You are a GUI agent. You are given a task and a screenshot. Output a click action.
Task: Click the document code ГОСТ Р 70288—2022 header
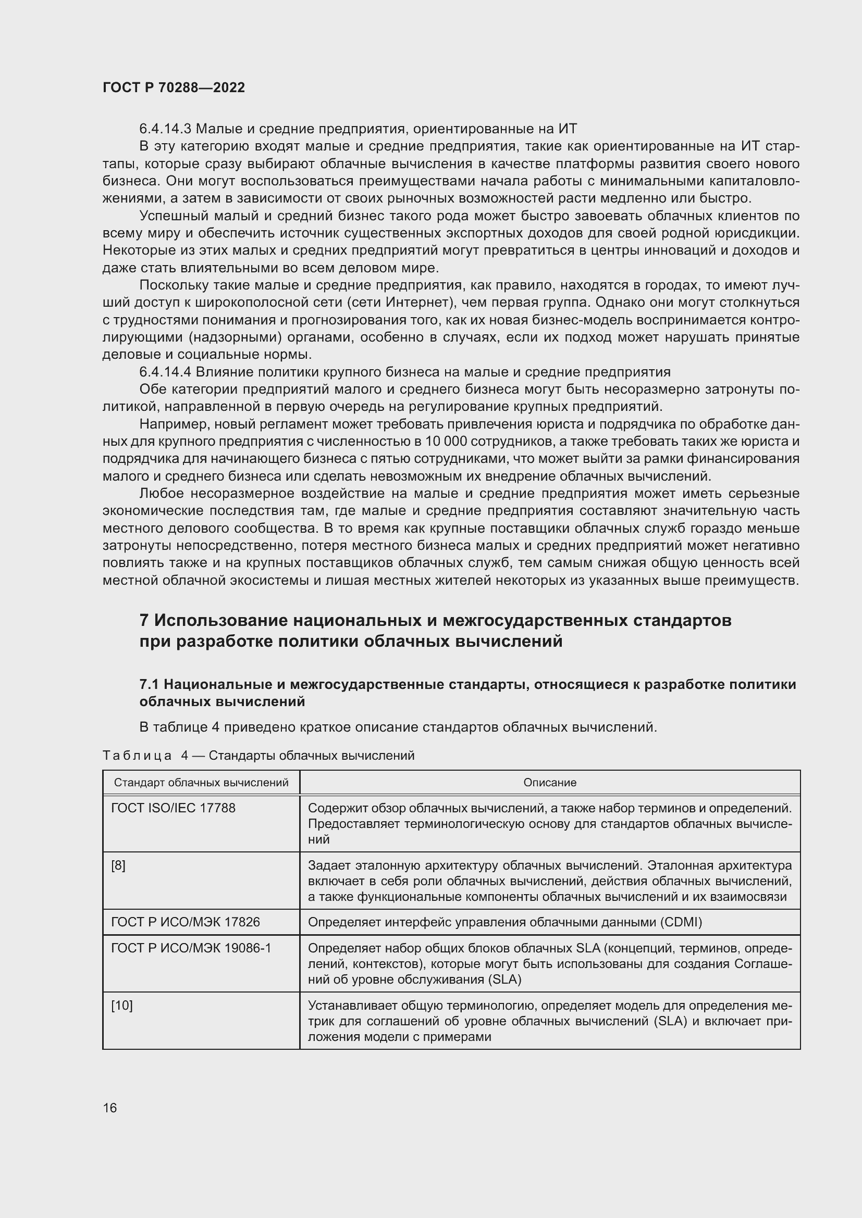174,87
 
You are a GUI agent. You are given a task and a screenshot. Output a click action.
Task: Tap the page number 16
110,1108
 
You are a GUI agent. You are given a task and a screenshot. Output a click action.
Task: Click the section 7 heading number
143,620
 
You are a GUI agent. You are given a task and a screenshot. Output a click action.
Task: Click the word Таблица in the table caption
137,756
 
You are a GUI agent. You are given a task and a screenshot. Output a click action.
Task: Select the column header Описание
549,783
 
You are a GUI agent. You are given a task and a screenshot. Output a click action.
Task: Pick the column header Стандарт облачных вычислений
201,783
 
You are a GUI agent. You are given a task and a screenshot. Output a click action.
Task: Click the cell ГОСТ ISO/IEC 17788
173,808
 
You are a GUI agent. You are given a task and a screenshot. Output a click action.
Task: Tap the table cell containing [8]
118,865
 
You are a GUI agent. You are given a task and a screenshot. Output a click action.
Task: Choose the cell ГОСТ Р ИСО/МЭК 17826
185,922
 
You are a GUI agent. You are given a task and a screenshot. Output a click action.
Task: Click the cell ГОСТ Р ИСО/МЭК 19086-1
191,948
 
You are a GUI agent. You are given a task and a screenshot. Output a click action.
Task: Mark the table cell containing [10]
121,1005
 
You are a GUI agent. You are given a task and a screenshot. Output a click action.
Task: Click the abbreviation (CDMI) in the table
681,922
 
